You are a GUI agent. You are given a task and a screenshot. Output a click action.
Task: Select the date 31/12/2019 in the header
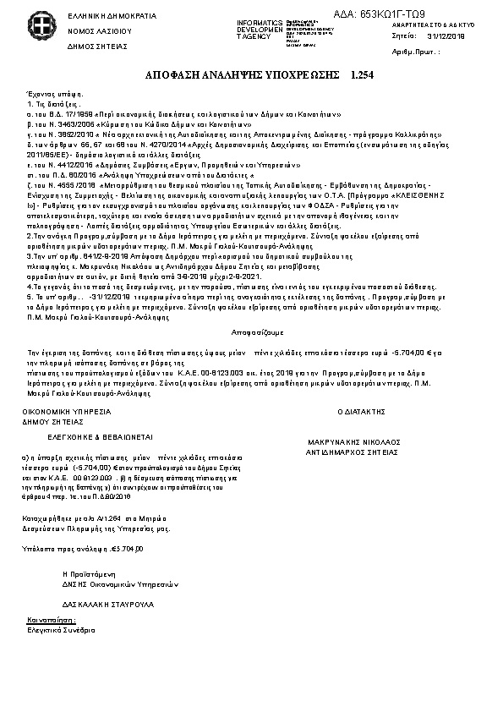[x=446, y=36]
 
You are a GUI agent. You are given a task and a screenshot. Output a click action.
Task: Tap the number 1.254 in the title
[x=362, y=76]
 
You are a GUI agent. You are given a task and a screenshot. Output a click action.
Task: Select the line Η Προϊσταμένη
[x=88, y=572]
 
